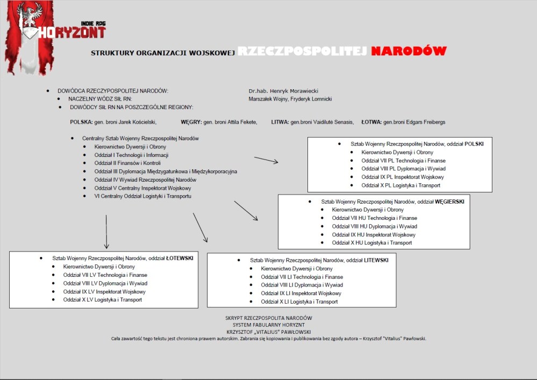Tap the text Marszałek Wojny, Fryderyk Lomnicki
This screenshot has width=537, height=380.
tap(290, 99)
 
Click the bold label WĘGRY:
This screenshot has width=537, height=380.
tap(191, 122)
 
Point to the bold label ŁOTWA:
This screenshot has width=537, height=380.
tap(370, 122)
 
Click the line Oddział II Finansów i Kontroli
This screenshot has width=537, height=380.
tap(127, 163)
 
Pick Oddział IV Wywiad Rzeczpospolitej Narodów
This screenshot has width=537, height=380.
tap(145, 180)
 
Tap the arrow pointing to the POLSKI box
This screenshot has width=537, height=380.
tap(266, 160)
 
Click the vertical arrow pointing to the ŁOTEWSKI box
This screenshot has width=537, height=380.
tap(106, 231)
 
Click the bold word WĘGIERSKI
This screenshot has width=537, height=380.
tap(449, 201)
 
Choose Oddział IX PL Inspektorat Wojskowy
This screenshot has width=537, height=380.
tap(403, 177)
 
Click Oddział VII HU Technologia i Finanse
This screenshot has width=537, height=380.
tap(374, 218)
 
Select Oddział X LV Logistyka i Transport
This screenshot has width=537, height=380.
tap(103, 300)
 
